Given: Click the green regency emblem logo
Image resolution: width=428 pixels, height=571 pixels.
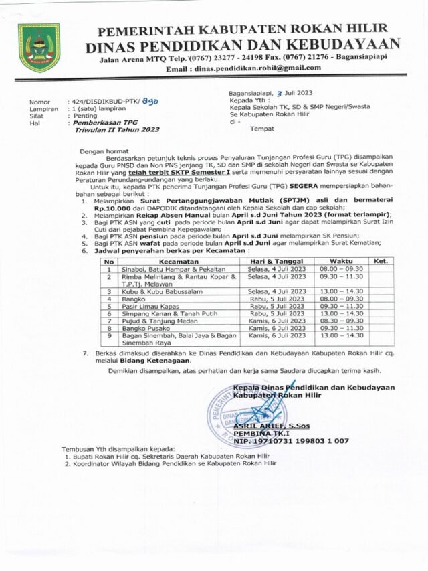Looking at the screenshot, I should tap(38, 48).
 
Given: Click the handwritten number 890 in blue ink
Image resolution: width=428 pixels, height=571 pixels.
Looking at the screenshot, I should tap(153, 100).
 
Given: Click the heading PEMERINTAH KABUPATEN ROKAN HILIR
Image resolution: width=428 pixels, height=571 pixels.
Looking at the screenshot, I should tap(243, 31).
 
